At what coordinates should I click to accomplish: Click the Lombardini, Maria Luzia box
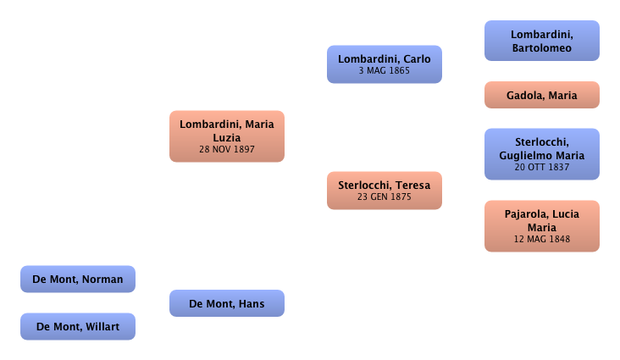[x=227, y=136]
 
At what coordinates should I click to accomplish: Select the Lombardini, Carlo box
[x=385, y=64]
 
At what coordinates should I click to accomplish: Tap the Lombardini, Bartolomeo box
[x=541, y=41]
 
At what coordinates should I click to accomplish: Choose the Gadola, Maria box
[x=541, y=96]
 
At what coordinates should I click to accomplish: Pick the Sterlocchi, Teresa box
[x=385, y=191]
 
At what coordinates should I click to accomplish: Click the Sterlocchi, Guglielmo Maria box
[x=541, y=153]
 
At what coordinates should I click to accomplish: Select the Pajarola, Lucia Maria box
[x=541, y=226]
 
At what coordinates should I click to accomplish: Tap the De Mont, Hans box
[x=227, y=303]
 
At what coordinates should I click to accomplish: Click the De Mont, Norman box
[x=78, y=279]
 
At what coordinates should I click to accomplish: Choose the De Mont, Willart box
[x=78, y=326]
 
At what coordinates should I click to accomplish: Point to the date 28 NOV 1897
[x=227, y=149]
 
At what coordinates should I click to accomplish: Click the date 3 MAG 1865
[x=385, y=71]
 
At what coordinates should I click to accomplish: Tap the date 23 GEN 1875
[x=385, y=197]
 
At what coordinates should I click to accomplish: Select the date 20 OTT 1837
[x=541, y=167]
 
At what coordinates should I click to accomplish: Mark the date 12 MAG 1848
[x=541, y=239]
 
